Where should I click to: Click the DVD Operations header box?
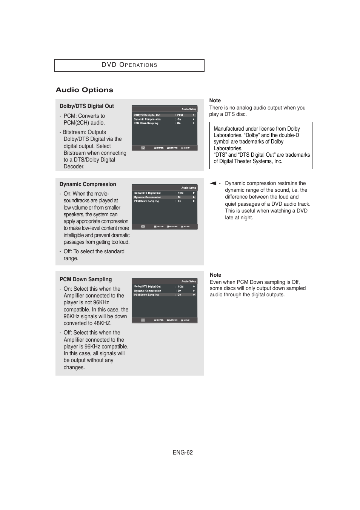pos(129,65)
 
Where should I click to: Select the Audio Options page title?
pos(84,90)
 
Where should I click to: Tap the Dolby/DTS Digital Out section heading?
pos(86,106)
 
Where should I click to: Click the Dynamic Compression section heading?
pos(88,184)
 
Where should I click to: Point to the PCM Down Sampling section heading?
pos(85,279)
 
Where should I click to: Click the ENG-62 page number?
pos(183,452)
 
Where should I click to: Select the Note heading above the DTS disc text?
pos(215,100)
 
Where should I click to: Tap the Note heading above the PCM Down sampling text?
pos(215,275)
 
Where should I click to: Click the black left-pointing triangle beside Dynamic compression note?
pos(213,183)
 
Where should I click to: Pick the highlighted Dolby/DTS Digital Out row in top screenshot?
pos(164,115)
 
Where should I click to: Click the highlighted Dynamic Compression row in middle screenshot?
pos(164,197)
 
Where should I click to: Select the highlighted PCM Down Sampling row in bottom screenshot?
pos(164,294)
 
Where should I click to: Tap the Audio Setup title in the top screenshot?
pos(189,109)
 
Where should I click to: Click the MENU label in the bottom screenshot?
pos(186,320)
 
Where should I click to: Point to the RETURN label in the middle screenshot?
pos(173,226)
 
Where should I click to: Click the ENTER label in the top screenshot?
pos(160,148)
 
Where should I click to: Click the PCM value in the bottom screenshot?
pos(180,287)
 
